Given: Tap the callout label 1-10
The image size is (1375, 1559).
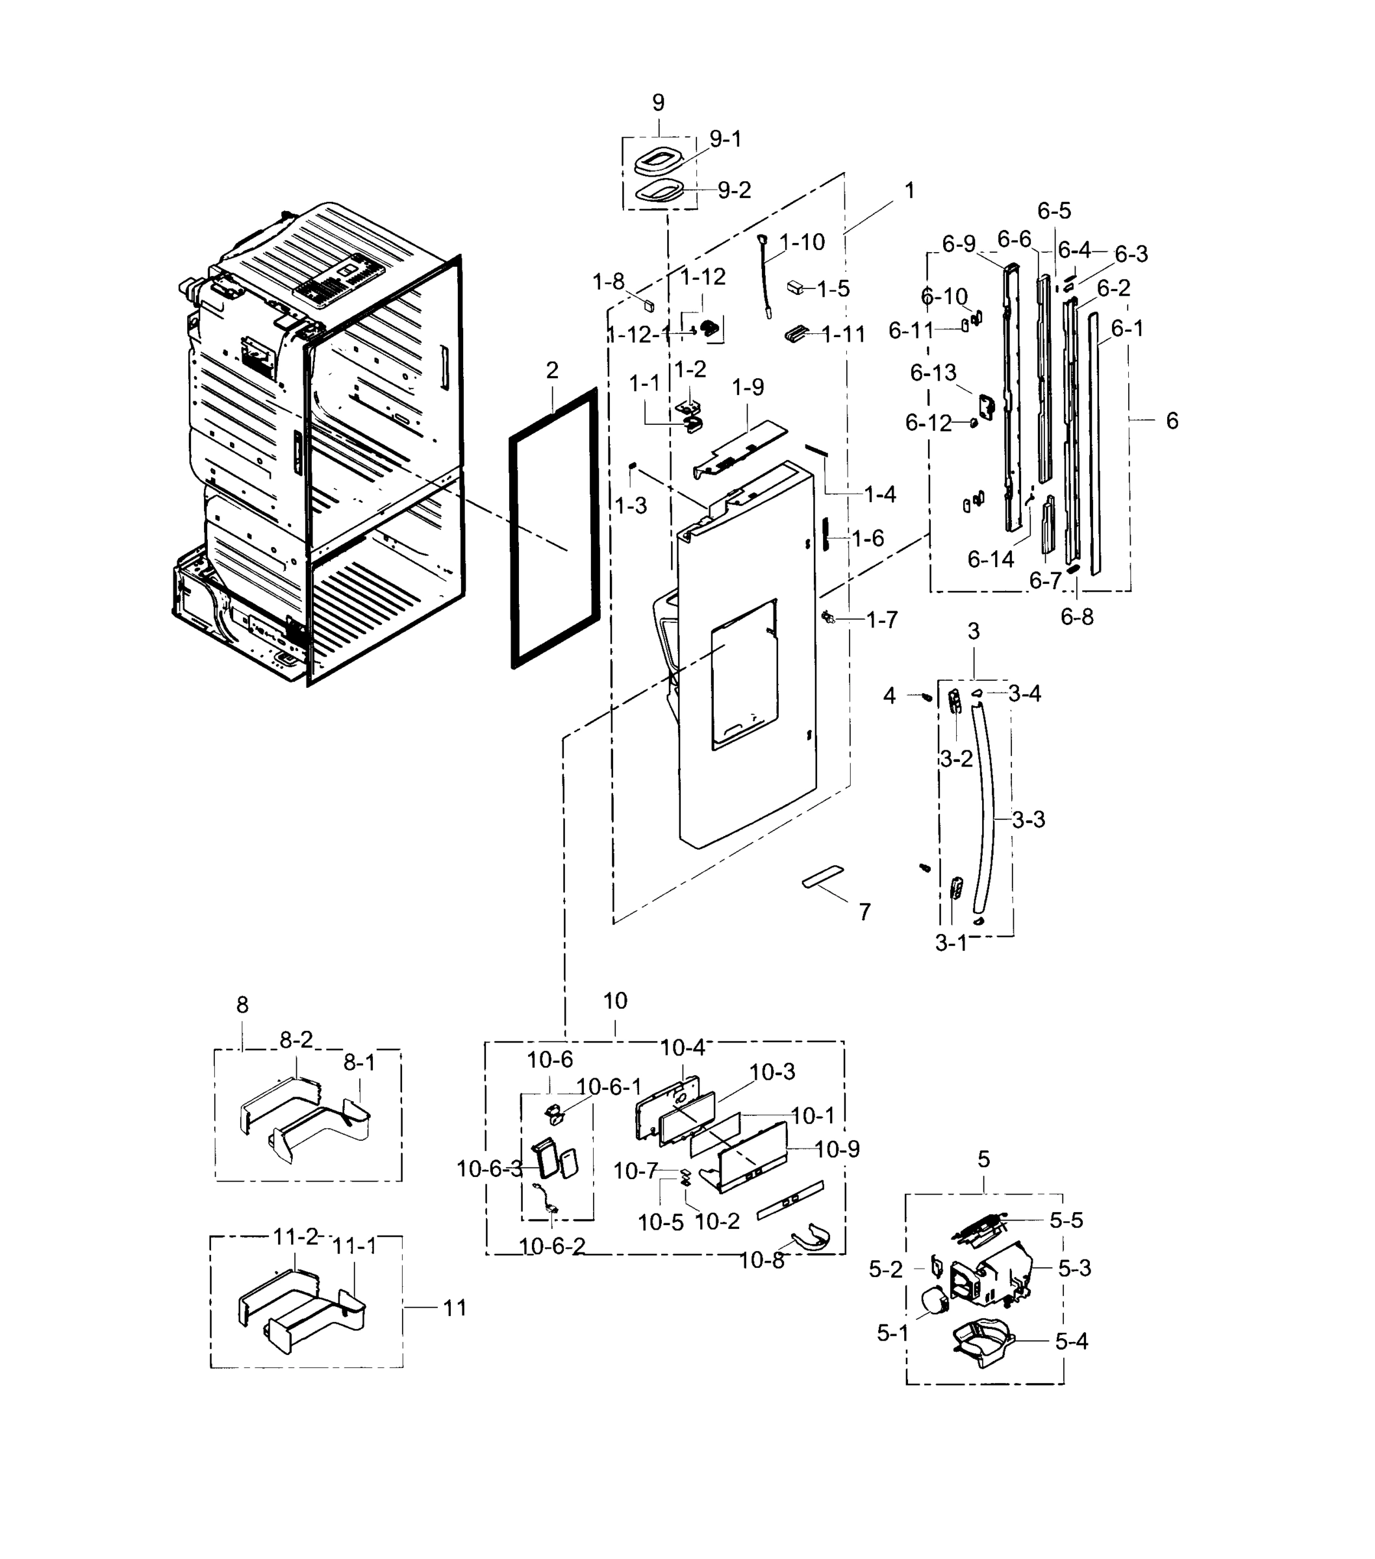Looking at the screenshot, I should [802, 242].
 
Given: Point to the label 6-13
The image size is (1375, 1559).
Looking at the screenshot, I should [933, 373].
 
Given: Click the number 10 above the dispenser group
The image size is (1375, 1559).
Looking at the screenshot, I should [614, 1001].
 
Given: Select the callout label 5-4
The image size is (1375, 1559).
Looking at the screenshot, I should [1072, 1363].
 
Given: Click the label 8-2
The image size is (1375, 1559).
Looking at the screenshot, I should [296, 1039].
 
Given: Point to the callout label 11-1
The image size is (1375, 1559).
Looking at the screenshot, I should [355, 1247].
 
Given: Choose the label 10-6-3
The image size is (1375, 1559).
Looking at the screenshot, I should [489, 1169].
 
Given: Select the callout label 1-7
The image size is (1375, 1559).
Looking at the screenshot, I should [881, 620].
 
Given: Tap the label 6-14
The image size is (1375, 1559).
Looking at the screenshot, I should [990, 559].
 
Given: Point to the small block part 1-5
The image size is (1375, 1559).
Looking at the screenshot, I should [796, 288].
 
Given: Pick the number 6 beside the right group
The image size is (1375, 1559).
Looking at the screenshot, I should [1172, 420].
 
